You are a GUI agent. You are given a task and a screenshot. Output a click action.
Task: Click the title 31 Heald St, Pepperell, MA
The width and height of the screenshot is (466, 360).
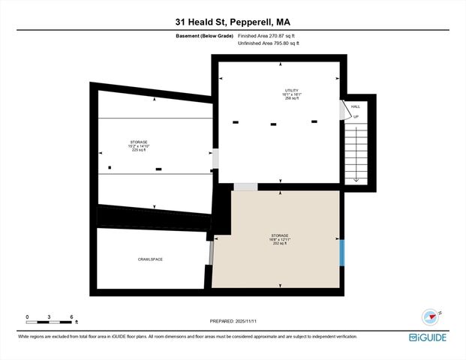point(233,22)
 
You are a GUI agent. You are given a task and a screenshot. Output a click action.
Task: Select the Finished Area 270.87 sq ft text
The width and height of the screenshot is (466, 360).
point(268,36)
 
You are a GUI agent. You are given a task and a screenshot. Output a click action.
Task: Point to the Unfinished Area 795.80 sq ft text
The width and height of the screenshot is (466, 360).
point(268,43)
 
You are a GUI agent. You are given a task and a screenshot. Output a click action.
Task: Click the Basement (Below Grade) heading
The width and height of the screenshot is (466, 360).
point(204,36)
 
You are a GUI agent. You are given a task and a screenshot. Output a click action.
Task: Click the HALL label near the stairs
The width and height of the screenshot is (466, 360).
point(356,106)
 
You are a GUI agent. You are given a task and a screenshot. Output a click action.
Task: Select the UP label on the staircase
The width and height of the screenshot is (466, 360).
point(356,117)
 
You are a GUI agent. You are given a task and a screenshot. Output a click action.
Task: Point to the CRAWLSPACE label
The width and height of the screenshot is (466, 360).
point(150,259)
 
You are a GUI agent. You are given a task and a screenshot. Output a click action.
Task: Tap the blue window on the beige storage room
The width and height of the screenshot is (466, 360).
point(341,251)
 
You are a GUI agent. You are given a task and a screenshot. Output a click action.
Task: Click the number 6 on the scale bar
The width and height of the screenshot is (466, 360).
point(71,316)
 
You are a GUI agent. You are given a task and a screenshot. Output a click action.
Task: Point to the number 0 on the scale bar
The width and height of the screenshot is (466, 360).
point(27,316)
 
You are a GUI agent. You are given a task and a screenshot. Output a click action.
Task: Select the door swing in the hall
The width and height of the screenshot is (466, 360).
point(346,110)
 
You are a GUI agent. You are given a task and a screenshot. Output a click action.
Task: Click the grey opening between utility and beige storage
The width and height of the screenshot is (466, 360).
point(245,186)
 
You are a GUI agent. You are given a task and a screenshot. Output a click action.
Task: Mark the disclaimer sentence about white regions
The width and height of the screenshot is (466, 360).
point(188,336)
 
